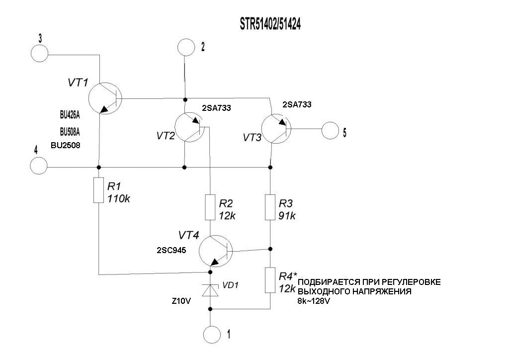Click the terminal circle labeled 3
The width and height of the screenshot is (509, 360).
click(x=39, y=52)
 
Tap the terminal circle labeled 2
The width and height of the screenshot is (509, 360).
click(x=186, y=48)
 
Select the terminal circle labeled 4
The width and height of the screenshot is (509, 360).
click(x=39, y=166)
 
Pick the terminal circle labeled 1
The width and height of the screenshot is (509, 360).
click(x=212, y=334)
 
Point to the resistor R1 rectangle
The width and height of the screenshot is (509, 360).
click(x=99, y=190)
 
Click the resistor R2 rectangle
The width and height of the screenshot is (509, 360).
click(x=210, y=207)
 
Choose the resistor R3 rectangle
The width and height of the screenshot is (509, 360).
click(x=270, y=207)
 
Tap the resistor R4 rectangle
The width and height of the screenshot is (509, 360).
click(x=270, y=280)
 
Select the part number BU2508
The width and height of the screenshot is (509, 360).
click(x=66, y=146)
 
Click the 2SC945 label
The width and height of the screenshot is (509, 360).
click(x=171, y=251)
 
